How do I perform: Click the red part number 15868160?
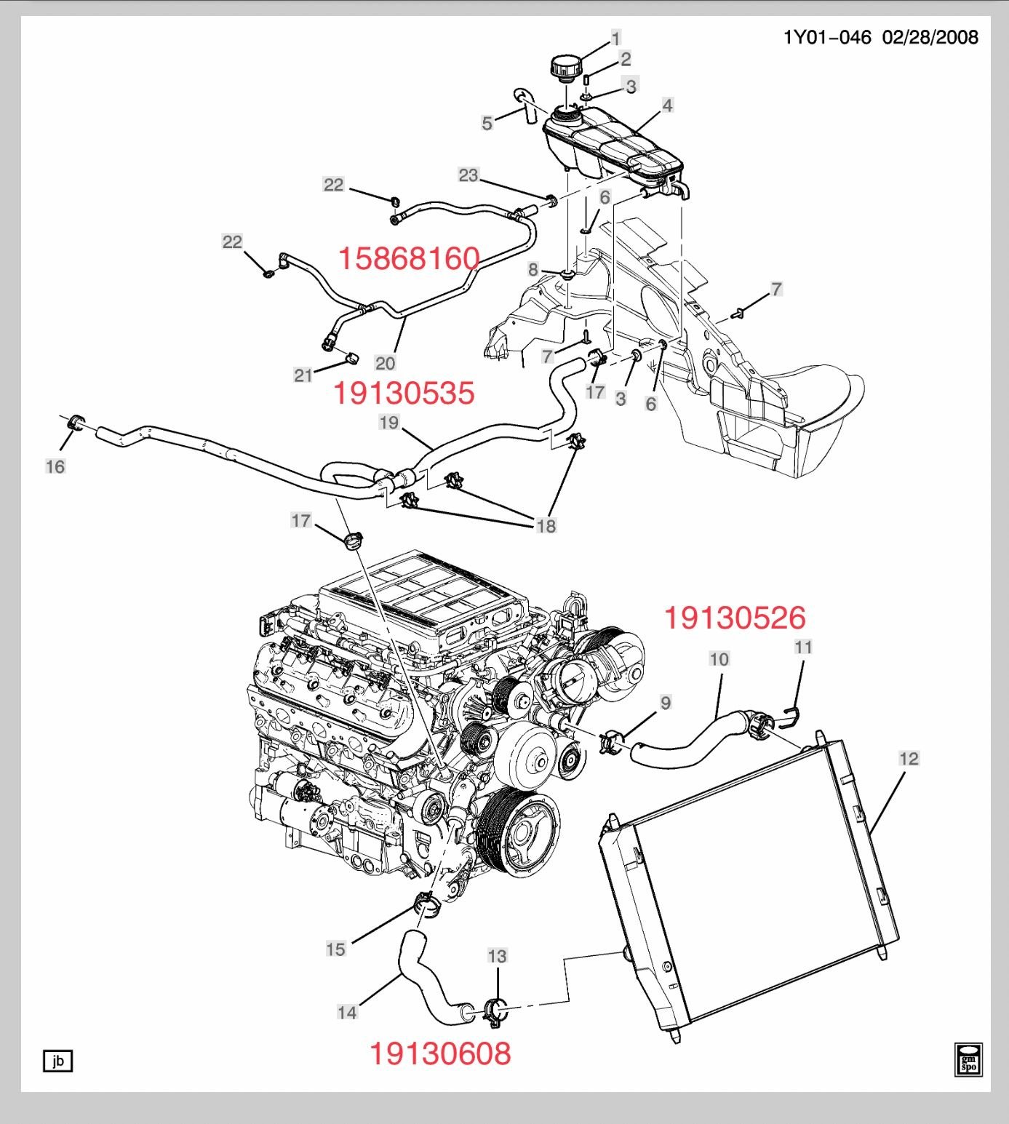coord(409,258)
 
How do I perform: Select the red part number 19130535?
coord(404,393)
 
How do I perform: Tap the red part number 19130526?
coord(735,618)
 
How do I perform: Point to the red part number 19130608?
coord(440,1053)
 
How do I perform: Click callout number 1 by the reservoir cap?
coord(616,39)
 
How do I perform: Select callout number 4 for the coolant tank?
coord(667,105)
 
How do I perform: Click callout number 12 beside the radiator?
coord(909,759)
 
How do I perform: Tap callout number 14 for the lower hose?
coord(347,1012)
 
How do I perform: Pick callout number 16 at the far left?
coord(55,466)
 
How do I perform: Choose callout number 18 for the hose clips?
coord(546,525)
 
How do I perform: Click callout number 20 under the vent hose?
coord(385,362)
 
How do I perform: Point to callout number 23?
coord(468,175)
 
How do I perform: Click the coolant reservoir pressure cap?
coord(565,71)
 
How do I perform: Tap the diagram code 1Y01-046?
coord(826,37)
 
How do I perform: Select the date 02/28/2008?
coord(930,37)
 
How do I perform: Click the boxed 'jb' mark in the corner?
coord(58,1061)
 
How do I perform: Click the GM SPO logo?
coord(968,1059)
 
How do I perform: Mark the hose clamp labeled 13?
coord(494,1011)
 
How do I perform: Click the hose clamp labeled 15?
coord(426,905)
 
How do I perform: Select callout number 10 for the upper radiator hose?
coord(719,659)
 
